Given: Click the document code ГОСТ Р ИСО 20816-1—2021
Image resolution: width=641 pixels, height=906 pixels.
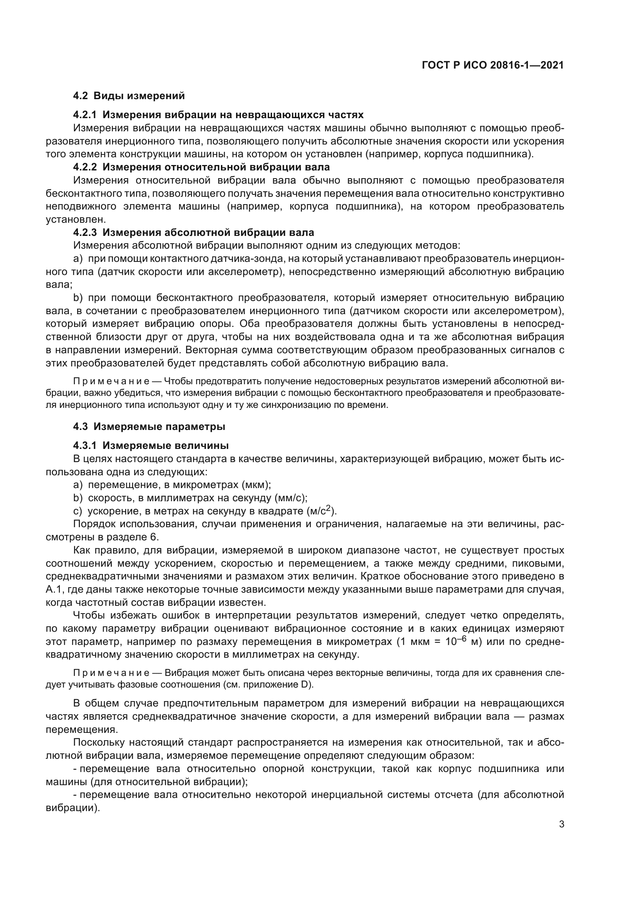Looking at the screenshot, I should point(493,65).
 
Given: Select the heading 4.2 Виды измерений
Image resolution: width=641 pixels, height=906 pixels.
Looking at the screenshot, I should point(129,96).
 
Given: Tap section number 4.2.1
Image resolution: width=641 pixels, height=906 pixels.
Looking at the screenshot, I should point(84,115).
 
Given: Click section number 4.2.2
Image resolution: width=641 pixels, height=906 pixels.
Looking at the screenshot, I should point(84,167).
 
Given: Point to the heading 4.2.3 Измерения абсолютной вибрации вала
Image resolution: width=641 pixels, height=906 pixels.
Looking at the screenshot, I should point(193,232).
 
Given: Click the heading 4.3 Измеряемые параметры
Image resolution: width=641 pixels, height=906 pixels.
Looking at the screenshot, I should point(149,426).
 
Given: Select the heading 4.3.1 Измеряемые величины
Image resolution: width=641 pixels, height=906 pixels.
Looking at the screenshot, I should point(151,445).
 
